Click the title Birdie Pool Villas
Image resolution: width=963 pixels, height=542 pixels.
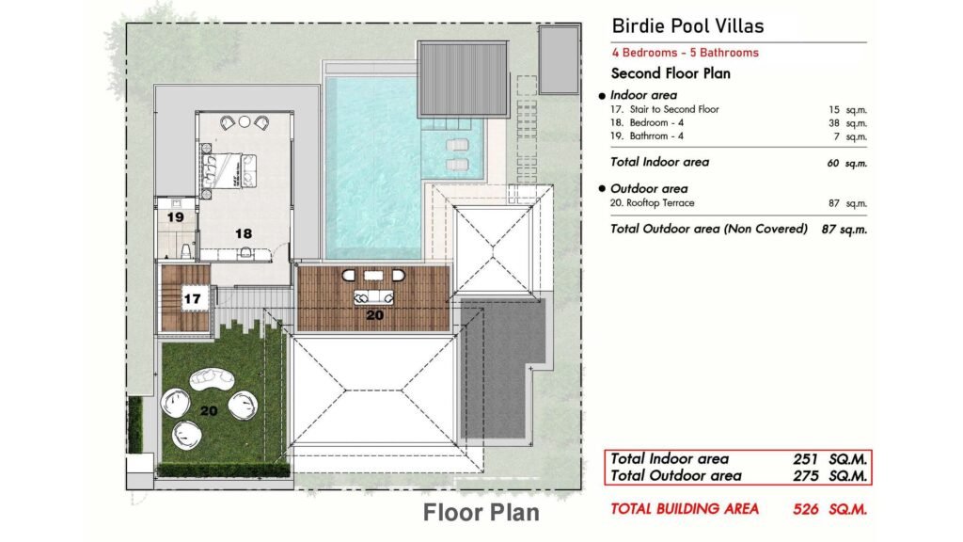click(x=687, y=25)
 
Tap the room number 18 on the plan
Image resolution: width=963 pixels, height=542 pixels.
click(x=244, y=233)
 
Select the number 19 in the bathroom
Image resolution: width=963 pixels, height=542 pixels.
click(x=176, y=217)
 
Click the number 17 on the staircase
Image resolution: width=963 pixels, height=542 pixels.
click(x=192, y=298)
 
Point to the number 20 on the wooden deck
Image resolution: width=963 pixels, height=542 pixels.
click(x=374, y=315)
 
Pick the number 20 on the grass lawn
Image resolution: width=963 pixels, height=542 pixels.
click(x=209, y=410)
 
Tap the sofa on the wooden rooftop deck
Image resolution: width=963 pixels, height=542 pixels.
click(x=373, y=297)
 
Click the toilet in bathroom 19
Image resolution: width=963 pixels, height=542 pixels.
click(x=185, y=250)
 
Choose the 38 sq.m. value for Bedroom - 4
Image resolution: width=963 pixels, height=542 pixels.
click(x=847, y=123)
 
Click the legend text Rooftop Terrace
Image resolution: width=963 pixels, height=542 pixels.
click(x=660, y=203)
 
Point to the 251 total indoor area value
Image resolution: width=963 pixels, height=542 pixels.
click(x=805, y=459)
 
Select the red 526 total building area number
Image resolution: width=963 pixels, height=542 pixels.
click(x=805, y=509)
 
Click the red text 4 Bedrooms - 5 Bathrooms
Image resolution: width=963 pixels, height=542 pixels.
click(x=685, y=53)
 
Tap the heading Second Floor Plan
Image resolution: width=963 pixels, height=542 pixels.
click(x=671, y=73)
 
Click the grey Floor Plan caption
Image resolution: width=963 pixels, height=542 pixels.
click(x=481, y=513)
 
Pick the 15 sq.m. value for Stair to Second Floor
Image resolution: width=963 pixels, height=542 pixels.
click(x=847, y=110)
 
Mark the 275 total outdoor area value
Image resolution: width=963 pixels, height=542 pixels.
click(x=805, y=475)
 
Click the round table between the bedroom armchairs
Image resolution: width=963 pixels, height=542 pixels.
click(x=245, y=121)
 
